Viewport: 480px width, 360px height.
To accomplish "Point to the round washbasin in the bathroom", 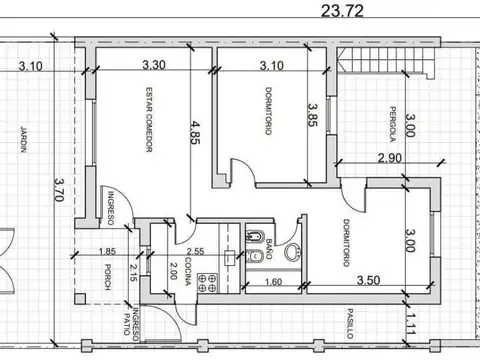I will pos(293,254).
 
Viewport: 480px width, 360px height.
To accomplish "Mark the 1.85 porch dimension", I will pos(107,253).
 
